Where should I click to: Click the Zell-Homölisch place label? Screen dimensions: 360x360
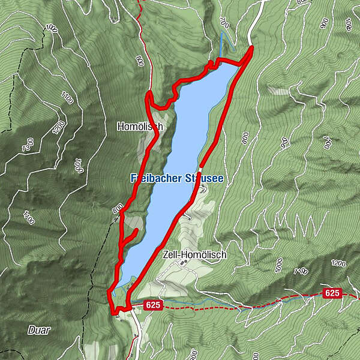tap(194, 255)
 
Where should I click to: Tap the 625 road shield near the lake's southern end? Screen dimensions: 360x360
tap(153, 305)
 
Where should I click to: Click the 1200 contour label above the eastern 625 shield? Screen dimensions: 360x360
tap(338, 263)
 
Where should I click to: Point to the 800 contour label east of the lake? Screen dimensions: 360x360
tap(245, 139)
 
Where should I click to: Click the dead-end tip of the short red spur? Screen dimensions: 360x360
tap(137, 230)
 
